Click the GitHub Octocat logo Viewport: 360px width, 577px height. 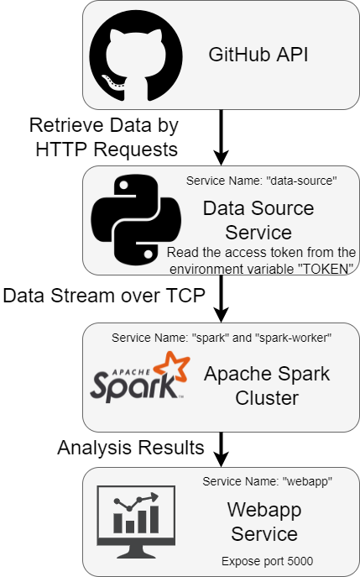pos(136,55)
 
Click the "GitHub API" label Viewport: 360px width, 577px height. pos(258,55)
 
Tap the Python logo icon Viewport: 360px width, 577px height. pos(136,219)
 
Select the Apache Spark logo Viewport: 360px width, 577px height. pos(140,376)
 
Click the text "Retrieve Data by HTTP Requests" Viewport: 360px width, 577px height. pos(104,137)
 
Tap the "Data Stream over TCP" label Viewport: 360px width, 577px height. pos(104,296)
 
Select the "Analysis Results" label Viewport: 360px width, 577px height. pos(131,448)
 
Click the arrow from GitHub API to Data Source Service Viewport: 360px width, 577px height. pos(221,137)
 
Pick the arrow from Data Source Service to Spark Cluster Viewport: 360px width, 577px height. pos(221,298)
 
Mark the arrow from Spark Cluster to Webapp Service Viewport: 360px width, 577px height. pos(221,449)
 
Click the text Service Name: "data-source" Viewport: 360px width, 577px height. pos(262,181)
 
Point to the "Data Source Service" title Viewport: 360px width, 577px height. pos(258,220)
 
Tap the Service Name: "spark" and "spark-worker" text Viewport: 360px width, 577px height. pos(222,338)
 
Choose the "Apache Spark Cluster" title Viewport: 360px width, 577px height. pos(267,386)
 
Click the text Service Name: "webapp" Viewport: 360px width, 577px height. pos(268,481)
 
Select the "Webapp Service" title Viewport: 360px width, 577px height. pos(264,522)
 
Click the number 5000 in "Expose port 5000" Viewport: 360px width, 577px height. pos(300,561)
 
